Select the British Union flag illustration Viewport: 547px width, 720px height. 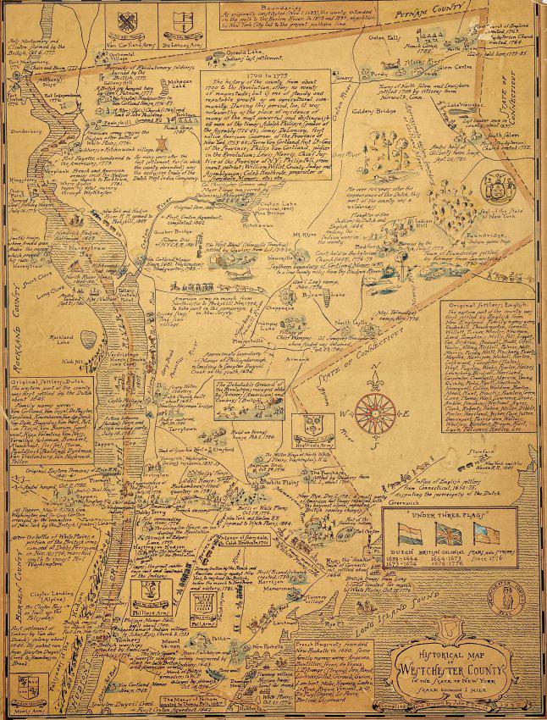coord(447,558)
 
